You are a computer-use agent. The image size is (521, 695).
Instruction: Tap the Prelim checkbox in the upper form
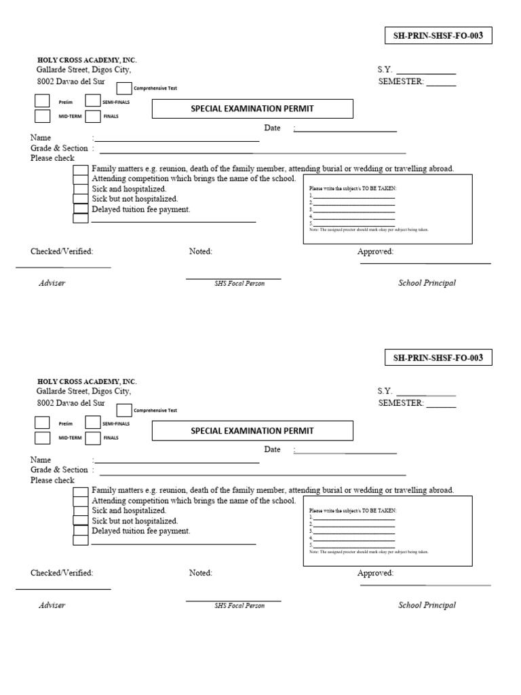42,101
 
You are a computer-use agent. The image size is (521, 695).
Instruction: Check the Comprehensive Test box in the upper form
124,89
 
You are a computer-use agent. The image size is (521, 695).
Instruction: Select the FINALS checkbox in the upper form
93,116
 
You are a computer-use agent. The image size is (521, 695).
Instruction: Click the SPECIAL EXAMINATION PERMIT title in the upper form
252,109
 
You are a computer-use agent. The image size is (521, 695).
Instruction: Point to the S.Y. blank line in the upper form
425,71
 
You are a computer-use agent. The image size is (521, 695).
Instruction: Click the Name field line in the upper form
176,139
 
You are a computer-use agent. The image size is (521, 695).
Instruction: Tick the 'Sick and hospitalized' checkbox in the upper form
81,189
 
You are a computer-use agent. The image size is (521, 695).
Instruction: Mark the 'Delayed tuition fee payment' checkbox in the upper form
81,210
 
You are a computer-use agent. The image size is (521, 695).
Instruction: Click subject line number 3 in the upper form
353,210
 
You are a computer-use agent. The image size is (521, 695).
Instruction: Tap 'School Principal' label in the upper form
427,283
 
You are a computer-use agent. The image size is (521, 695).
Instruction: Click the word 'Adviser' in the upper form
52,283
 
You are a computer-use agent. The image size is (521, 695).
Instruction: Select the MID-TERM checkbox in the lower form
42,438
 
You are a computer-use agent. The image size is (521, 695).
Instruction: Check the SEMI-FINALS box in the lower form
93,423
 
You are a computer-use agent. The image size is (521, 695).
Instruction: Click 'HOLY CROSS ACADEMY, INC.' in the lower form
87,382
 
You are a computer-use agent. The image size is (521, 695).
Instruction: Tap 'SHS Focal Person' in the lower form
239,605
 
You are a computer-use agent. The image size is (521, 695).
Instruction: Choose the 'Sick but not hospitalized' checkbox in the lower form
81,521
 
